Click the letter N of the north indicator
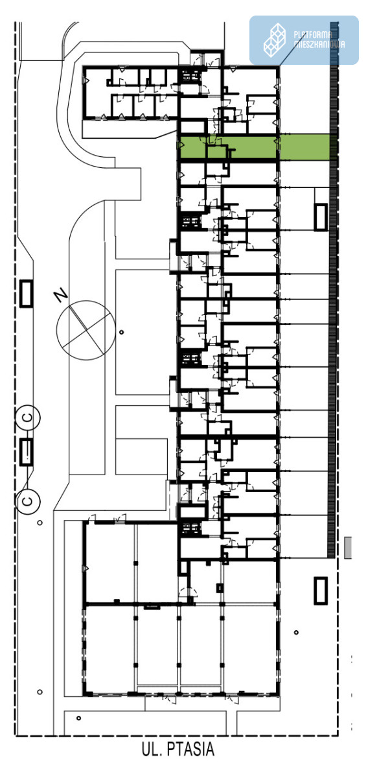coord(61,296)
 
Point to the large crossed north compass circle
coord(86,330)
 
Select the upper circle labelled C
coord(28,417)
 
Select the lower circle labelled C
coord(28,501)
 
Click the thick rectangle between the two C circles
coord(27,451)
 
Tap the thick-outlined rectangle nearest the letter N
coord(27,294)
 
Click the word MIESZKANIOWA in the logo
coord(319,44)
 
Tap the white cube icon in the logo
coord(275,40)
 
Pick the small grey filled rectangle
coord(348,548)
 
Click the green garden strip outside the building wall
coord(305,148)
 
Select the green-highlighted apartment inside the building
coord(227,148)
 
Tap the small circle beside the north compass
coord(121,333)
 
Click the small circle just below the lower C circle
coord(40,523)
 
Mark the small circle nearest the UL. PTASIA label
coord(79,718)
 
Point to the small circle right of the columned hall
coord(296,632)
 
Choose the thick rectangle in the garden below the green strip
coord(321,217)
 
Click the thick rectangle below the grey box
coord(321,591)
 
